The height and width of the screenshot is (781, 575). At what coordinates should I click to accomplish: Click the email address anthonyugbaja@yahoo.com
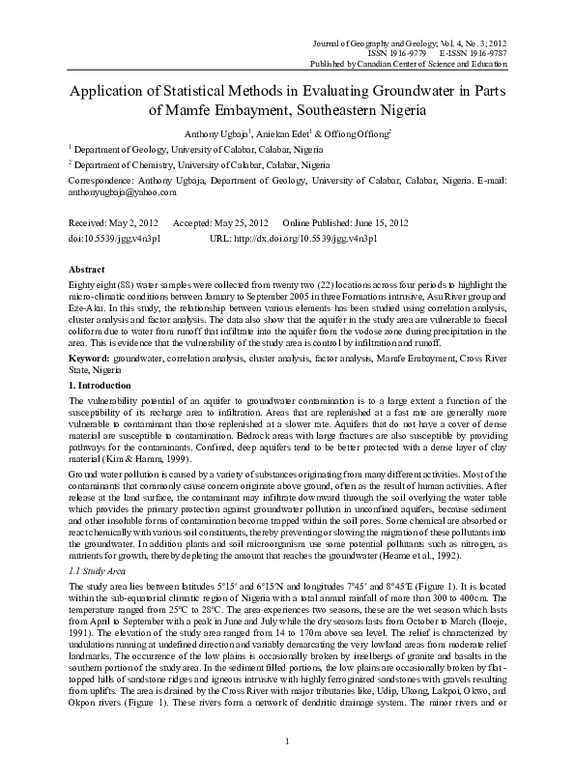122,192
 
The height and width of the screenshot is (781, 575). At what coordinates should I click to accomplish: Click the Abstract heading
88,268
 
